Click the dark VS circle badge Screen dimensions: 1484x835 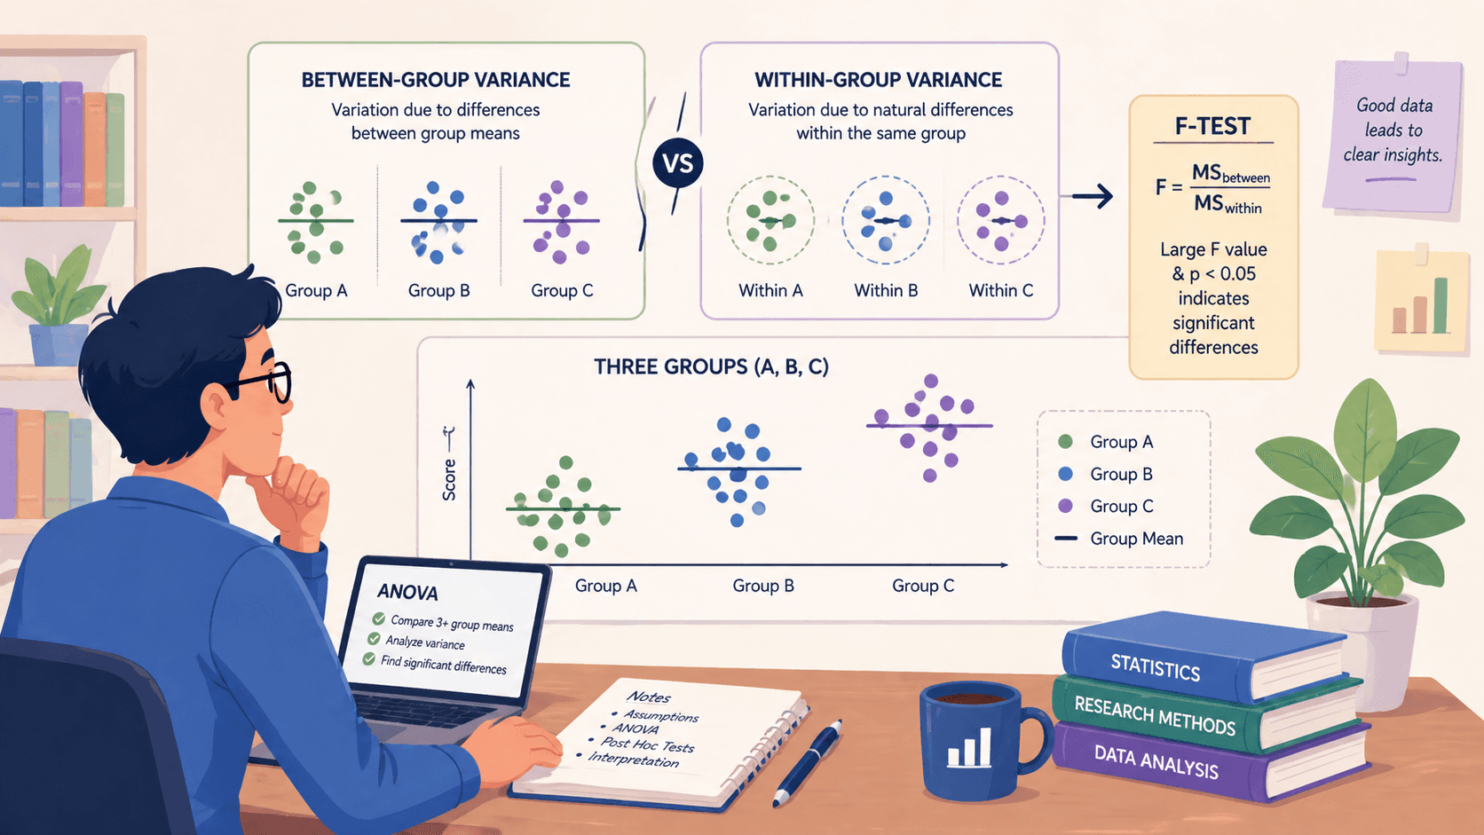coord(677,163)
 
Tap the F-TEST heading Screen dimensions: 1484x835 coord(1212,126)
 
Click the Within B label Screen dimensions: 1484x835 coord(886,290)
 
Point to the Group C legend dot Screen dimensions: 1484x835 coord(1065,506)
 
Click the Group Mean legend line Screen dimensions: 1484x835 coord(1066,539)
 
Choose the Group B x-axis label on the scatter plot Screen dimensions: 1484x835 coord(763,586)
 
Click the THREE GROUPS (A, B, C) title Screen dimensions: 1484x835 coord(711,366)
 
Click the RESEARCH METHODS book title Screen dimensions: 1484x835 coord(1155,716)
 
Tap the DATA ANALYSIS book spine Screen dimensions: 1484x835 coord(1156,761)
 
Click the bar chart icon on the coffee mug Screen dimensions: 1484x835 coord(969,747)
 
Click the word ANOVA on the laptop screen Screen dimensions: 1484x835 coord(407,592)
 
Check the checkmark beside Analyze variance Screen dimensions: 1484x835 coord(374,639)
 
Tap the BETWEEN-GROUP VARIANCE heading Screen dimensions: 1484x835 coord(435,80)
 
